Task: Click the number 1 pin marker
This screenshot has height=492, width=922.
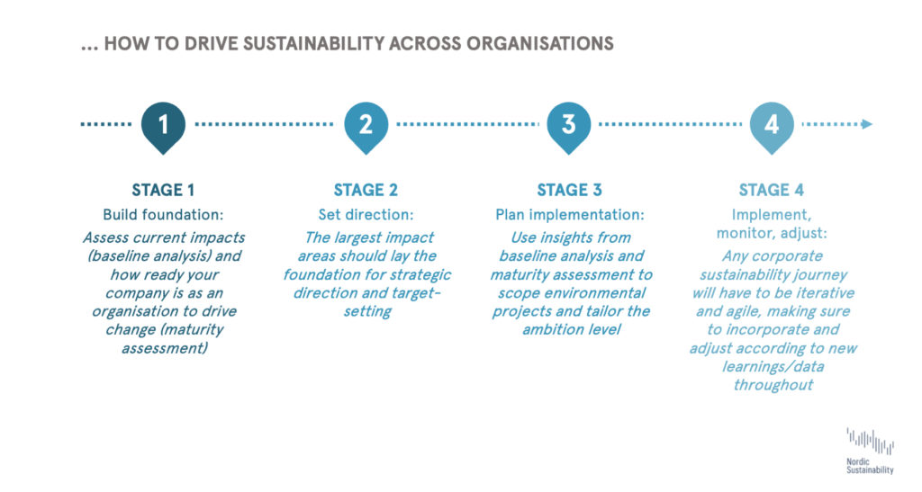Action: click(x=164, y=127)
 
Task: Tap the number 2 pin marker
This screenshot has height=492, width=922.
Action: click(x=366, y=127)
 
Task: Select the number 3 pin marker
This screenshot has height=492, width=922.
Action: click(x=569, y=127)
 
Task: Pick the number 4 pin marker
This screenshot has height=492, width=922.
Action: click(x=772, y=127)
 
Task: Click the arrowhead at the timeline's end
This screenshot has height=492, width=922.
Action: click(x=867, y=124)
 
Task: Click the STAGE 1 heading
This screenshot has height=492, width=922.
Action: click(x=163, y=190)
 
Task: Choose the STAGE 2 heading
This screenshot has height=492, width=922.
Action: click(x=366, y=190)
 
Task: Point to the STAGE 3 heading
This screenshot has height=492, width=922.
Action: click(x=569, y=190)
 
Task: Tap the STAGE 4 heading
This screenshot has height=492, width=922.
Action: click(x=772, y=190)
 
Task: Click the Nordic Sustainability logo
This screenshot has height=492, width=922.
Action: click(x=871, y=451)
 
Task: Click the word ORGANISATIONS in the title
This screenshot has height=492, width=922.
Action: click(x=540, y=43)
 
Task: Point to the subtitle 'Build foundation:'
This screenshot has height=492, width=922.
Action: click(x=163, y=215)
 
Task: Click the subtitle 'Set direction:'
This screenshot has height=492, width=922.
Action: click(x=366, y=215)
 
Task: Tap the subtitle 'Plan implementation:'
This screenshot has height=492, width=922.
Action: click(x=570, y=216)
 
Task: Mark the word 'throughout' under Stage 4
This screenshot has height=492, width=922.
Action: click(x=773, y=385)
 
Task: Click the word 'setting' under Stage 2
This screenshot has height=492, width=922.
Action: click(x=367, y=312)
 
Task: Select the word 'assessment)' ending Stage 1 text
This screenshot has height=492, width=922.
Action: click(x=165, y=348)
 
